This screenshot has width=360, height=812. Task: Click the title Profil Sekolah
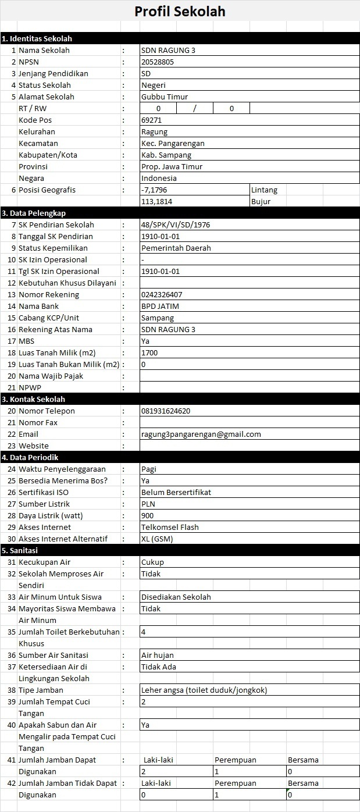click(180, 12)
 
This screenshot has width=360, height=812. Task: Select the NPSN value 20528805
click(158, 62)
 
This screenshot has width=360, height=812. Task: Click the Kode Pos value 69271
click(151, 120)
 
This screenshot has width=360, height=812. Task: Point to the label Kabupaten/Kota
click(48, 155)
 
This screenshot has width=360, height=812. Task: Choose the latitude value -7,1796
click(154, 190)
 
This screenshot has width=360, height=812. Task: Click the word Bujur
click(261, 201)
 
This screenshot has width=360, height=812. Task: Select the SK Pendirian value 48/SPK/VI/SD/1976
click(176, 225)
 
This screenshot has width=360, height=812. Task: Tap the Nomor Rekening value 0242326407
click(162, 294)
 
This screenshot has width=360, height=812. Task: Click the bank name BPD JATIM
click(160, 306)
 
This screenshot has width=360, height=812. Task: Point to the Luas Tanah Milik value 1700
click(149, 352)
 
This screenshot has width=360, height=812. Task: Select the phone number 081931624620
click(166, 411)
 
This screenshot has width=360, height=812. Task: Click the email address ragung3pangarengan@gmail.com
click(201, 434)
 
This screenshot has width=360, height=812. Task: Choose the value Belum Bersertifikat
click(176, 492)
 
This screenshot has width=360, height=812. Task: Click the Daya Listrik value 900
click(147, 515)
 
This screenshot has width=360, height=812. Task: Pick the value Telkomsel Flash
click(170, 527)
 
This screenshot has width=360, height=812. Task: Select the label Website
click(34, 446)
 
